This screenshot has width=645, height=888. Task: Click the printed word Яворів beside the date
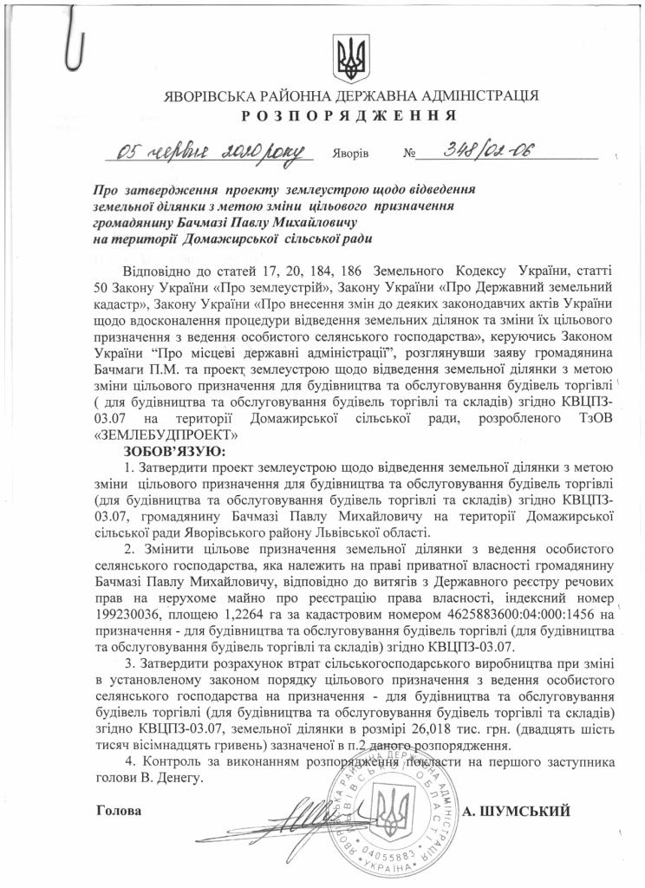pos(350,157)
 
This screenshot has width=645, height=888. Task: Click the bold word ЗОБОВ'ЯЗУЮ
pos(163,452)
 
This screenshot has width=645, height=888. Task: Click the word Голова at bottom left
pos(116,810)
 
